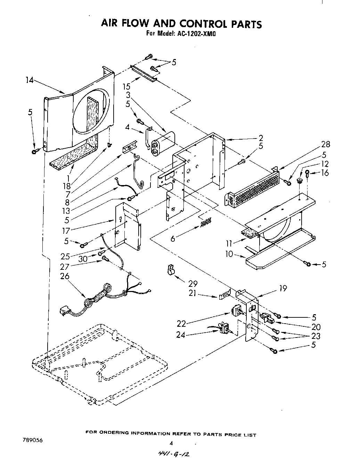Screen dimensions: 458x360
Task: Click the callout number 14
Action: [x=29, y=80]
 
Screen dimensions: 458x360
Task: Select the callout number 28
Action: [x=326, y=144]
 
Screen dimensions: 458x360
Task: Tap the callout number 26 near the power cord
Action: [x=65, y=276]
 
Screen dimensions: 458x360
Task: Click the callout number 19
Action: [x=283, y=288]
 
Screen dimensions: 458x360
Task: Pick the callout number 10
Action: [x=229, y=254]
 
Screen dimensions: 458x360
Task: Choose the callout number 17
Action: [x=66, y=230]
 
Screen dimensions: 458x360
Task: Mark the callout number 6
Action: [x=173, y=239]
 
